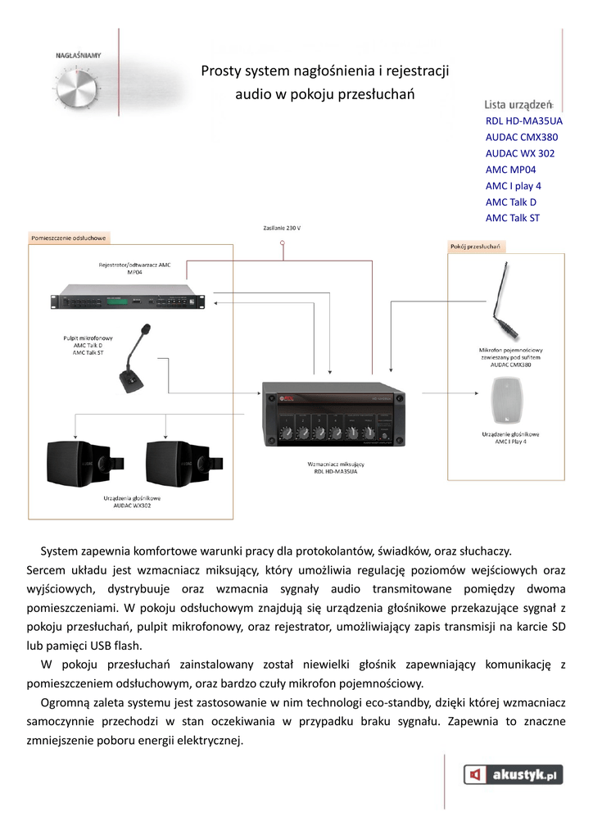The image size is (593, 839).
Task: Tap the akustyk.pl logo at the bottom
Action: (x=514, y=774)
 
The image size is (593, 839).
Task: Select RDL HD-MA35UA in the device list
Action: (x=523, y=120)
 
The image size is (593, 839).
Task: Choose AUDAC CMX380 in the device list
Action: (x=521, y=137)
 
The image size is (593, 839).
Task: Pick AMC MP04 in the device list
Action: (x=510, y=170)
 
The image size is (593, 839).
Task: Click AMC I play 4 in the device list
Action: (x=513, y=186)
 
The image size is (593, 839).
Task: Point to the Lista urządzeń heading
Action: (x=519, y=104)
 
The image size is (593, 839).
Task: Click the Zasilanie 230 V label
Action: (x=282, y=227)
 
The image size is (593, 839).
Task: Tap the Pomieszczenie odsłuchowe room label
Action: (x=69, y=238)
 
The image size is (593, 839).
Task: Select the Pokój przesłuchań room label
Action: (x=476, y=246)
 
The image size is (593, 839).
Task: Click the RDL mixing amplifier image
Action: (x=333, y=418)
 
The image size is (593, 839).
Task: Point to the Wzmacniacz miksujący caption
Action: (x=336, y=464)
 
